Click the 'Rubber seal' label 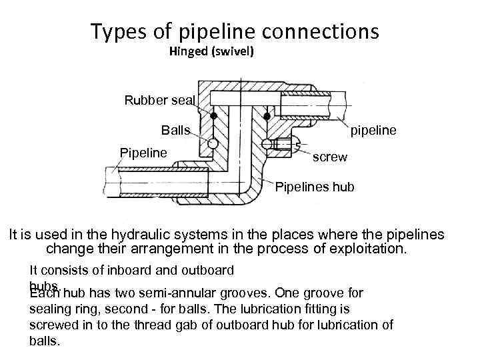[159, 101]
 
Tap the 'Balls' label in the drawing [175, 130]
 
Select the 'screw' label [330, 157]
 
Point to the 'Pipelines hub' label [315, 187]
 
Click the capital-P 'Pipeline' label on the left [143, 153]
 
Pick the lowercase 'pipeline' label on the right [373, 130]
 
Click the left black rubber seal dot [214, 116]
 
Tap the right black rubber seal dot [267, 116]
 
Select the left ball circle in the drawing [213, 143]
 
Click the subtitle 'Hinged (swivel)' [211, 51]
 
